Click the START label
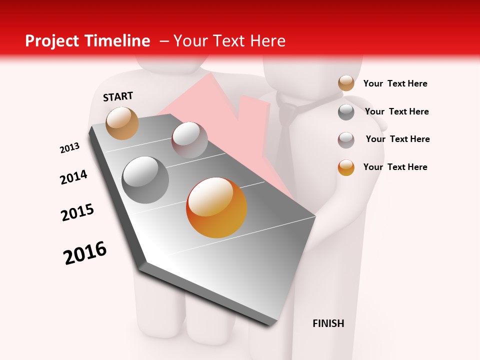pyautogui.click(x=118, y=96)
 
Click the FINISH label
pyautogui.click(x=328, y=323)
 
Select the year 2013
pyautogui.click(x=69, y=148)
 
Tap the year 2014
pyautogui.click(x=73, y=177)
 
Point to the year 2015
pyautogui.click(x=77, y=212)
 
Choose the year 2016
pyautogui.click(x=85, y=252)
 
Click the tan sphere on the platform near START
pyautogui.click(x=122, y=123)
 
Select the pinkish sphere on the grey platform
pyautogui.click(x=189, y=139)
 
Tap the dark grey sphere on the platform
pyautogui.click(x=145, y=179)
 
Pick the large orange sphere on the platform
pyautogui.click(x=216, y=207)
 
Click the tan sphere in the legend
pyautogui.click(x=346, y=83)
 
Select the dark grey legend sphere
pyautogui.click(x=346, y=112)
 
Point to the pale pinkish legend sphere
pyautogui.click(x=346, y=140)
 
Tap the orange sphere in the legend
pyautogui.click(x=346, y=167)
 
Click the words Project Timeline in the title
pyautogui.click(x=87, y=41)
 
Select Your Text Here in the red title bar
pyautogui.click(x=229, y=41)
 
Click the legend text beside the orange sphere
pyautogui.click(x=395, y=167)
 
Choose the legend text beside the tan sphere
pyautogui.click(x=395, y=83)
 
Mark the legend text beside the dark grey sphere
pyautogui.click(x=396, y=111)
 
